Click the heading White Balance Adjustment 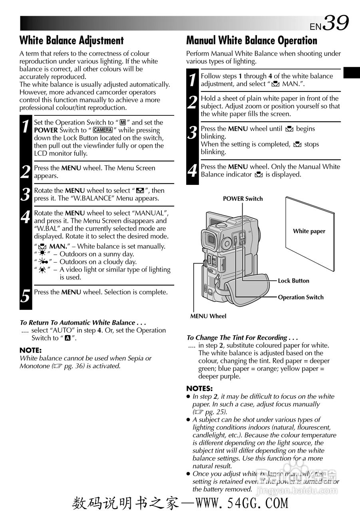tap(72, 40)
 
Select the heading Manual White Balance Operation tap(252, 40)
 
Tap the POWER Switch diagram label tap(243, 199)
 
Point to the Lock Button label tap(293, 281)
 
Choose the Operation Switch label tap(300, 297)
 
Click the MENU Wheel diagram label tap(208, 316)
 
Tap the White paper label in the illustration tap(309, 231)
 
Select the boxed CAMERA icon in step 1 tap(103, 130)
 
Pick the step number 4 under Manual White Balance tap(192, 171)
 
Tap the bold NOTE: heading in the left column tap(30, 350)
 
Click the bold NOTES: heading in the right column tap(199, 388)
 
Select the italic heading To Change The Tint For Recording tap(242, 337)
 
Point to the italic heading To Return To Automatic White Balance tap(83, 323)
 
